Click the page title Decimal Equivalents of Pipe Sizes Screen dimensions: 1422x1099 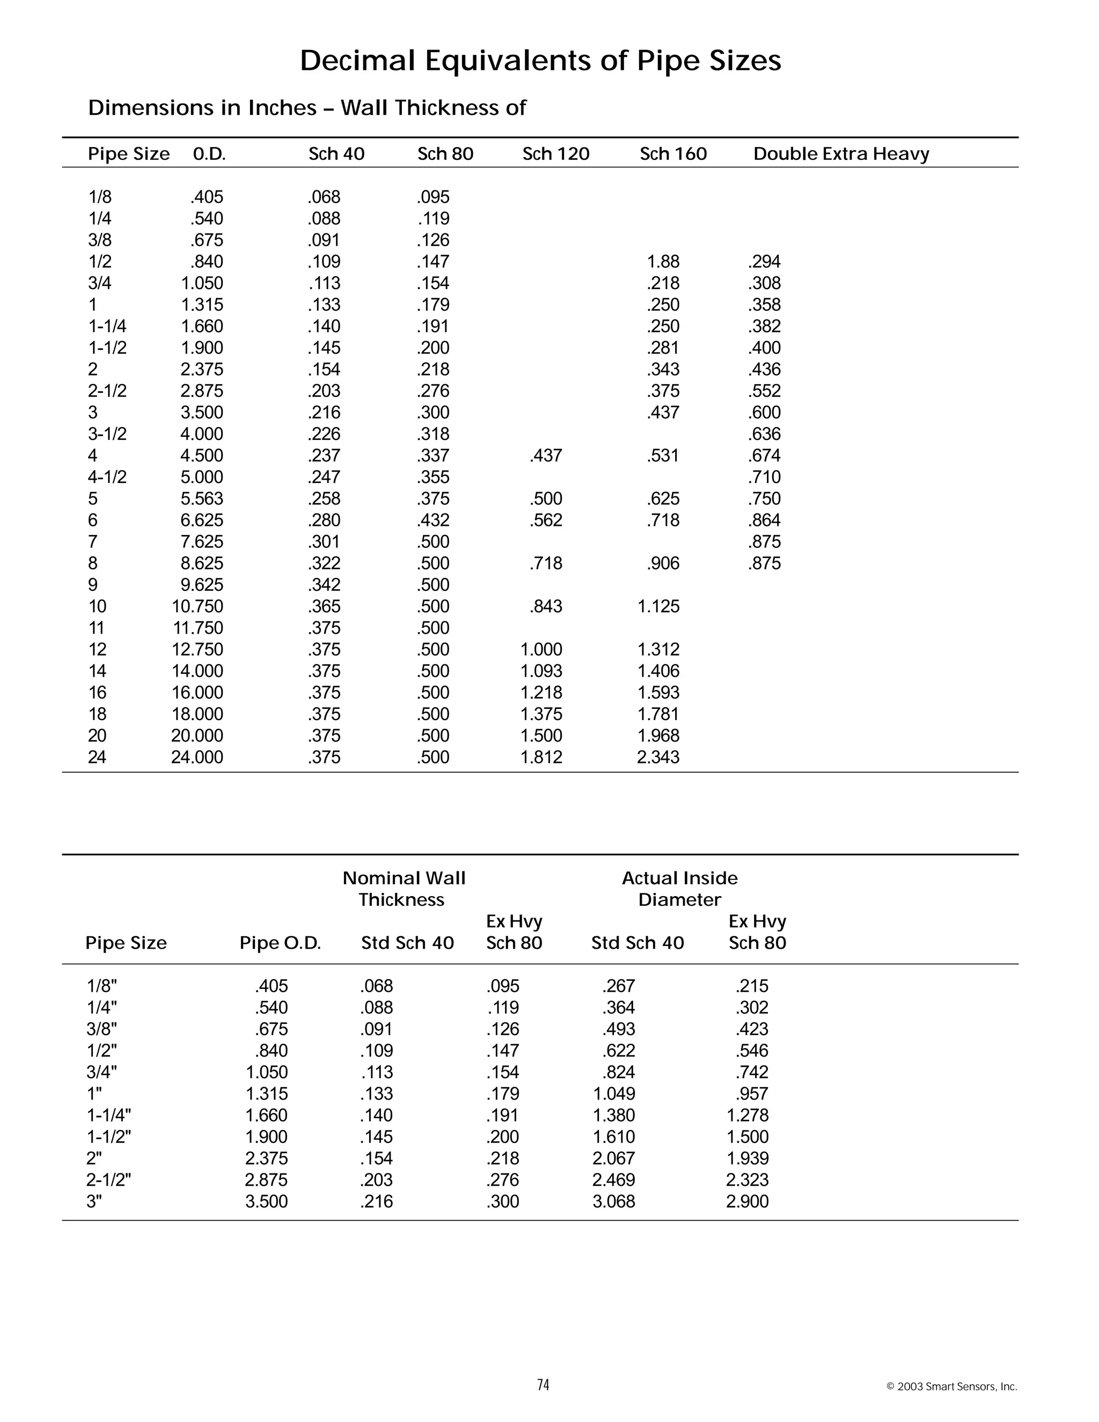tap(540, 61)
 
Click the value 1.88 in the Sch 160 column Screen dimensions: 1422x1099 tap(663, 262)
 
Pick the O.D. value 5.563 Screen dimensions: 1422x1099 tap(202, 499)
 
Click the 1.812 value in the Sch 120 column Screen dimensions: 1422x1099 tap(541, 757)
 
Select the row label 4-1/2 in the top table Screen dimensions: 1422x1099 tap(107, 477)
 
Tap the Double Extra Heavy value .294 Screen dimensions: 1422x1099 tap(764, 262)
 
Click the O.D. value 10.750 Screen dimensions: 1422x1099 tap(197, 607)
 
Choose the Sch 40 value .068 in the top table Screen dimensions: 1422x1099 tap(324, 197)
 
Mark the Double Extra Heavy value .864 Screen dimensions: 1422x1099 tap(764, 520)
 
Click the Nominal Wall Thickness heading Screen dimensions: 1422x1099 tap(404, 889)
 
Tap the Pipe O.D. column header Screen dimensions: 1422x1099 tap(280, 943)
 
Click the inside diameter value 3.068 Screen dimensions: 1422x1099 tap(613, 1201)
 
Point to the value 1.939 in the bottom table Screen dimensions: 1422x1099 tap(747, 1159)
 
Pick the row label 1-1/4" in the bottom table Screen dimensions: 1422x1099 tap(109, 1116)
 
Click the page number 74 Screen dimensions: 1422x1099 tap(543, 1385)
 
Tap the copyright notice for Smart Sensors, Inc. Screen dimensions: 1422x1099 tap(951, 1387)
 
